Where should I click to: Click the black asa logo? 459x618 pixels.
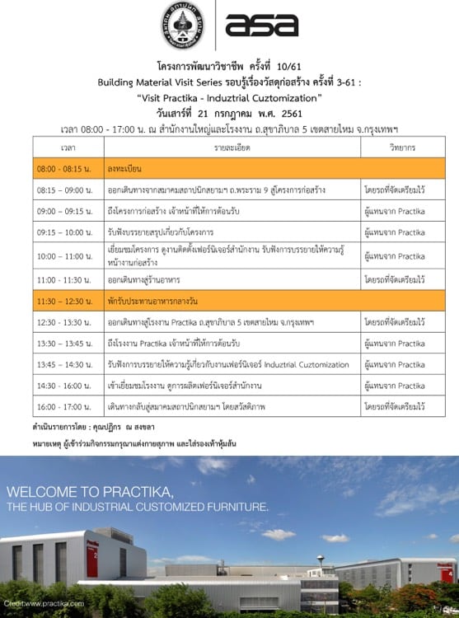(x=262, y=26)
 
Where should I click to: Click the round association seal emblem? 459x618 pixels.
(x=186, y=25)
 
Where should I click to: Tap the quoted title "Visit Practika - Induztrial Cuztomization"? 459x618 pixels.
(x=229, y=97)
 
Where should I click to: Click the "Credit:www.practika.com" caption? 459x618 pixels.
(x=49, y=605)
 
